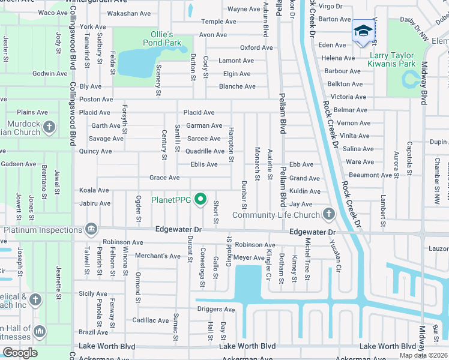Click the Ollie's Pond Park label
pyautogui.click(x=162, y=38)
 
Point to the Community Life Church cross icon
pyautogui.click(x=328, y=214)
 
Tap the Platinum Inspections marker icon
pyautogui.click(x=91, y=229)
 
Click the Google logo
pyautogui.click(x=20, y=353)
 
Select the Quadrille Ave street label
pyautogui.click(x=203, y=151)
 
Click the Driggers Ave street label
pyautogui.click(x=215, y=310)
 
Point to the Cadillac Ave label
pyautogui.click(x=151, y=320)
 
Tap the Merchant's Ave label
pyautogui.click(x=157, y=256)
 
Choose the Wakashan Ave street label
pyautogui.click(x=128, y=13)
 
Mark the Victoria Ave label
pyautogui.click(x=348, y=97)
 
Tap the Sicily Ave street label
pyautogui.click(x=93, y=294)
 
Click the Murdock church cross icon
pyautogui.click(x=49, y=127)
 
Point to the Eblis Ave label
pyautogui.click(x=203, y=164)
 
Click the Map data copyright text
pyautogui.click(x=424, y=355)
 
